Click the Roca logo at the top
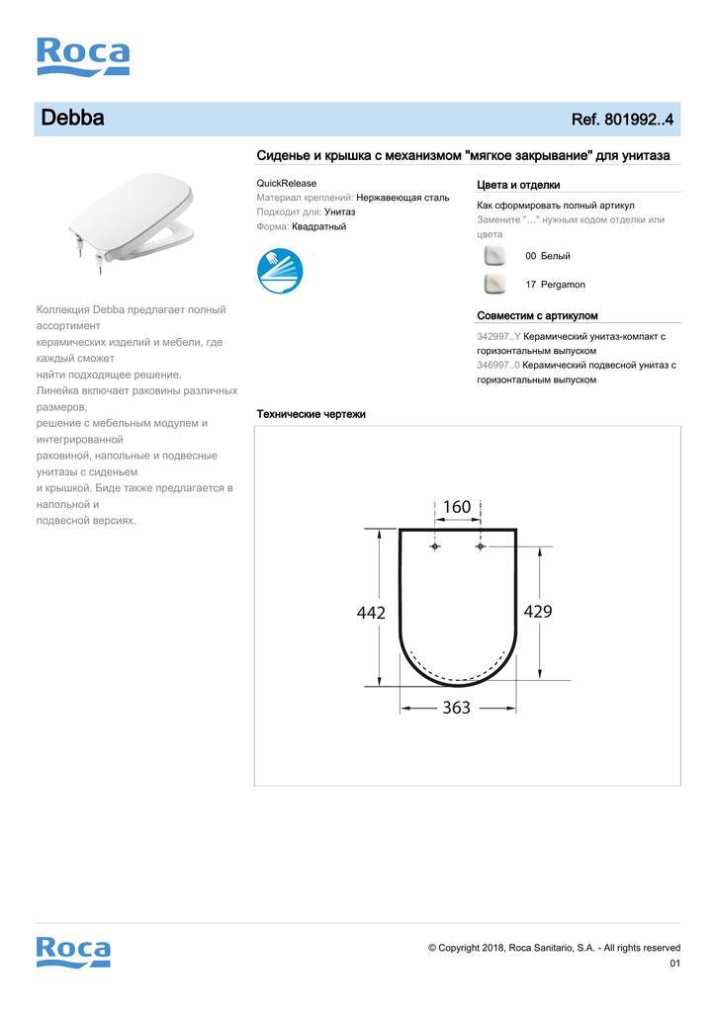click(83, 56)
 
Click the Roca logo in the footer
click(73, 951)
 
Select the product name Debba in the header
click(72, 119)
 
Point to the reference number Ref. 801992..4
click(622, 120)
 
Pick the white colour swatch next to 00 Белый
click(494, 256)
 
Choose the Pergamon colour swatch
click(494, 285)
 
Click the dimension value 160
click(457, 507)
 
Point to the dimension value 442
click(371, 613)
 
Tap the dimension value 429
click(537, 612)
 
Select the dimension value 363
click(456, 708)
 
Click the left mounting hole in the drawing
click(436, 546)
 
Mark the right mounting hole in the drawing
click(480, 546)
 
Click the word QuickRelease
click(286, 183)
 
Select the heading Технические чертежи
click(311, 414)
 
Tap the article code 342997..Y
click(498, 336)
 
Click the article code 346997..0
click(498, 365)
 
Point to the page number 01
click(675, 964)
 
